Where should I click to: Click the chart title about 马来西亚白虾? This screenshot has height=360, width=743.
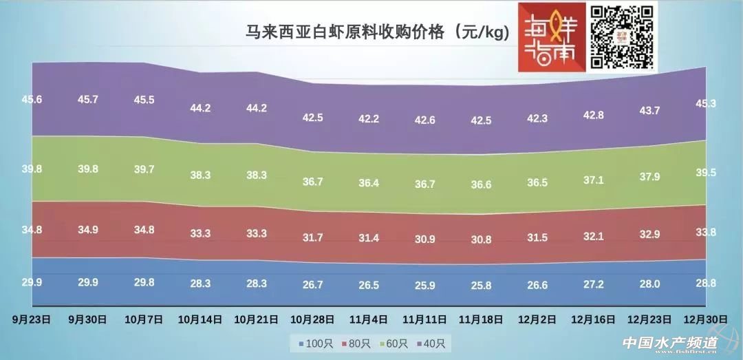pyautogui.click(x=378, y=32)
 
